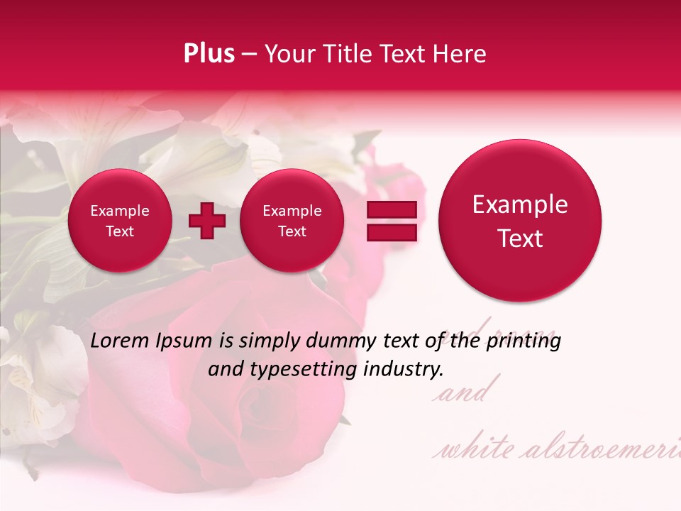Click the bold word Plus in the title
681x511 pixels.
tap(209, 54)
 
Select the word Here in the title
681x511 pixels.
tap(461, 54)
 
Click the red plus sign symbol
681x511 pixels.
tap(207, 221)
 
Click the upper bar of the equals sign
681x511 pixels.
tap(392, 209)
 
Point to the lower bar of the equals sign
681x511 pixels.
tap(392, 232)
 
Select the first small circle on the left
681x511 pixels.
tap(119, 221)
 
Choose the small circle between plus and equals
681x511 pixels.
tap(292, 221)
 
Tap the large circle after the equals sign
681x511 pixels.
tap(520, 221)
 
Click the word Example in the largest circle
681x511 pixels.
tap(520, 204)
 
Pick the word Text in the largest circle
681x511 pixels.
tap(520, 238)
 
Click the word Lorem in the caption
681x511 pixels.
tap(120, 341)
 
